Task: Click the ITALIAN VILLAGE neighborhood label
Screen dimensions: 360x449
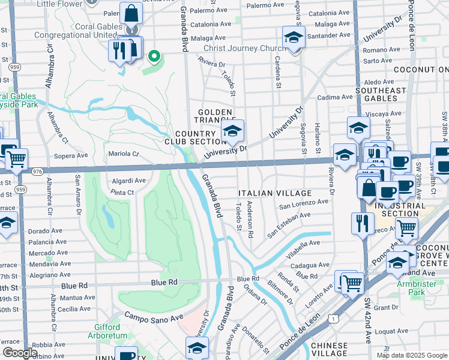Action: (x=275, y=193)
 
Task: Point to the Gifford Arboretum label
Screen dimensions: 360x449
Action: (x=111, y=331)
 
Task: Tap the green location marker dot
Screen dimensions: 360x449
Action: (x=154, y=57)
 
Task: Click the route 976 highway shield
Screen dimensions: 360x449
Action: (x=37, y=171)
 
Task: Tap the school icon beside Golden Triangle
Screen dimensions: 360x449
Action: (x=232, y=130)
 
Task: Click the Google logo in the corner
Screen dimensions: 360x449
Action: (x=19, y=353)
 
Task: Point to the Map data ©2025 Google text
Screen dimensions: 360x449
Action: (x=411, y=355)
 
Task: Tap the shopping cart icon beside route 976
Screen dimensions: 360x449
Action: (x=16, y=160)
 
